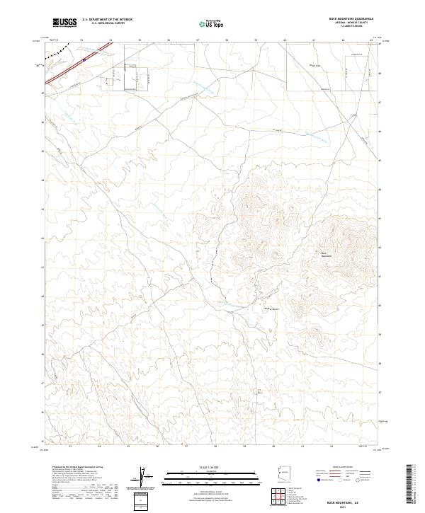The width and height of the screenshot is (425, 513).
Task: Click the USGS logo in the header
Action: tap(65, 23)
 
